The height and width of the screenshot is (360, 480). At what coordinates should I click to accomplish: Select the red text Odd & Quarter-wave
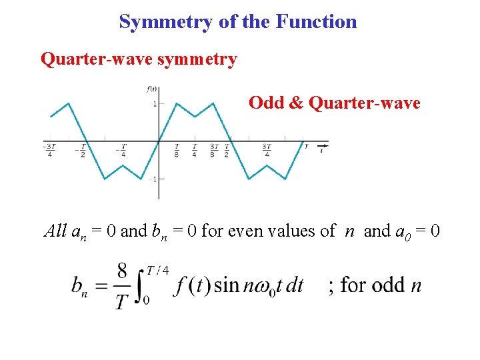(334, 103)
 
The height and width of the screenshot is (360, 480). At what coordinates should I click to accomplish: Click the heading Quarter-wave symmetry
(139, 59)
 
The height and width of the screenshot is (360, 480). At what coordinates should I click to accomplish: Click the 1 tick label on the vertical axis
(154, 104)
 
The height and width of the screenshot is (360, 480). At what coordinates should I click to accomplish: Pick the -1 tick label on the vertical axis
(153, 179)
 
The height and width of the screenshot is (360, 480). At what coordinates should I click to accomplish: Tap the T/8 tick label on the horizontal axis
(177, 150)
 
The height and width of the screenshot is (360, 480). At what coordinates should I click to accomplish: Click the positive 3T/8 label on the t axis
(213, 150)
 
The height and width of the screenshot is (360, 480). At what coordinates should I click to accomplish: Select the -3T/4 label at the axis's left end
(48, 150)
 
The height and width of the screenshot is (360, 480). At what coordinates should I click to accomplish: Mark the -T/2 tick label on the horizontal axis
(83, 150)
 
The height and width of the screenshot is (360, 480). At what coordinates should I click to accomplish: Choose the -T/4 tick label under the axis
(122, 150)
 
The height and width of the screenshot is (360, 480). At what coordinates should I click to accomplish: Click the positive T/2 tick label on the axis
(227, 150)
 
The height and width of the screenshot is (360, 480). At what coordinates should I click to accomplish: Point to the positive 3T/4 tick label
(267, 150)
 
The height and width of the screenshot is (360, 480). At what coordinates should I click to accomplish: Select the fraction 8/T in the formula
(122, 286)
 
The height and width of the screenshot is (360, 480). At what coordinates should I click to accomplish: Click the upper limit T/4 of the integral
(158, 269)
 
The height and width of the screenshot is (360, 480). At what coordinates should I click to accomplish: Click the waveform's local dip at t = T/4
(195, 116)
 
